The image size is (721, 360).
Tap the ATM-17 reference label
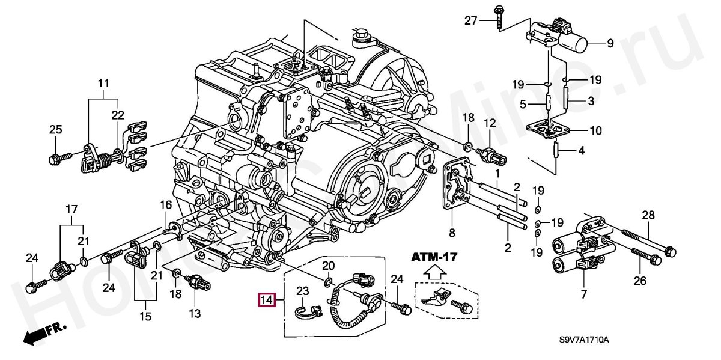click(x=434, y=257)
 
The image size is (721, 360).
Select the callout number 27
click(x=470, y=21)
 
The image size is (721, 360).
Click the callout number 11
click(x=103, y=82)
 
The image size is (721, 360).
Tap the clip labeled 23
click(x=308, y=310)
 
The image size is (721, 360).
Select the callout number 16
click(x=166, y=206)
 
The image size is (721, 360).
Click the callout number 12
click(x=490, y=124)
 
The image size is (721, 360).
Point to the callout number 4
click(x=581, y=150)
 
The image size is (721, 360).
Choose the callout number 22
click(x=117, y=115)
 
